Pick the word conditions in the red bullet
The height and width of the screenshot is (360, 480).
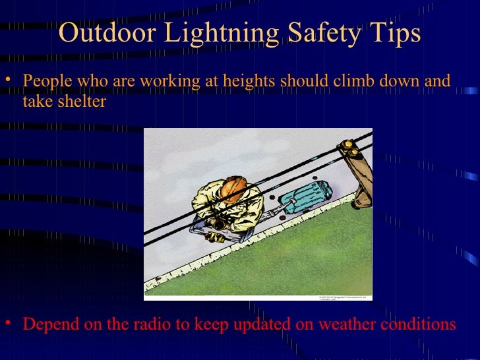[x=418, y=325]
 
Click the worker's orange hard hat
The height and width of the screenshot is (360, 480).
[x=232, y=187]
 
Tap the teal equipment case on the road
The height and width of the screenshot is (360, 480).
[x=305, y=194]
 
